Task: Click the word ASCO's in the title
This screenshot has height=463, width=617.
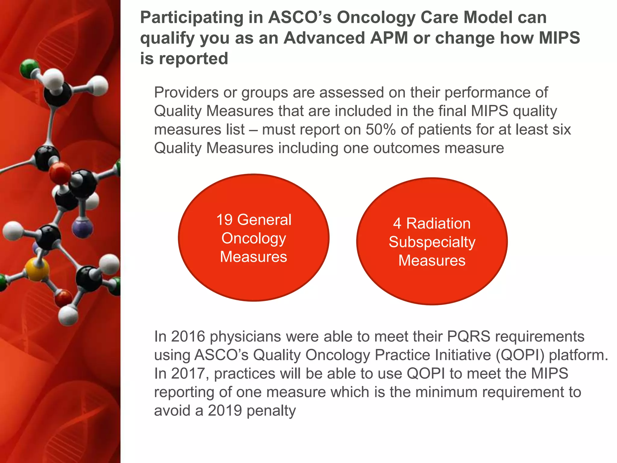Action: [x=300, y=17]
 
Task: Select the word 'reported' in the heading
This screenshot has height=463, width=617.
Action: [x=193, y=58]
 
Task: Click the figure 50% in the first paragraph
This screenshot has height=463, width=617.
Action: [x=381, y=130]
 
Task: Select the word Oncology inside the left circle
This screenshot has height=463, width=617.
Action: [x=254, y=238]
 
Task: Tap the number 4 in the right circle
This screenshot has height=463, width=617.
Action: [x=397, y=224]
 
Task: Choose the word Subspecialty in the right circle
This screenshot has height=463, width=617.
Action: [x=432, y=242]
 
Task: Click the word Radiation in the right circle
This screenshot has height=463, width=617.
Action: [x=438, y=224]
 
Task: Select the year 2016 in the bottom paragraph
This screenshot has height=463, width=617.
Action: [x=188, y=336]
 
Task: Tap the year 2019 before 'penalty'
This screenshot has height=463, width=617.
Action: [x=225, y=411]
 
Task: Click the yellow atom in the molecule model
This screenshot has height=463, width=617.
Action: [x=37, y=269]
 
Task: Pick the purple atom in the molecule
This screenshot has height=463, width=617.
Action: [x=83, y=228]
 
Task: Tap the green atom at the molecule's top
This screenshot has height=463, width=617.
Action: [x=29, y=69]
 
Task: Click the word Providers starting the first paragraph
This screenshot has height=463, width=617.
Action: [x=186, y=93]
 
